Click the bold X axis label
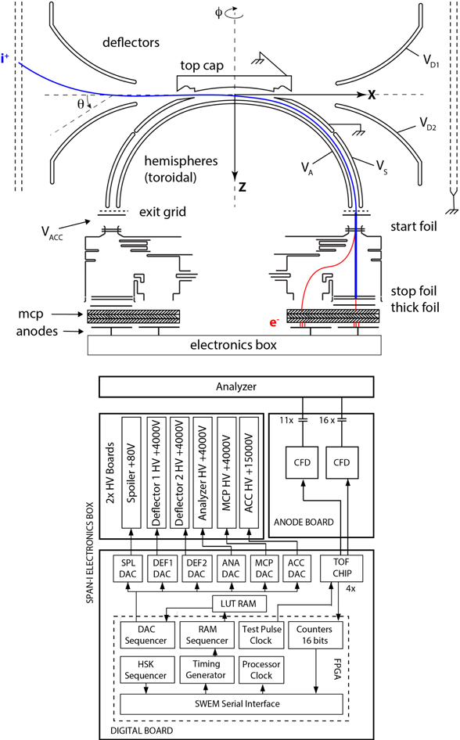372,94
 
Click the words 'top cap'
204,67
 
